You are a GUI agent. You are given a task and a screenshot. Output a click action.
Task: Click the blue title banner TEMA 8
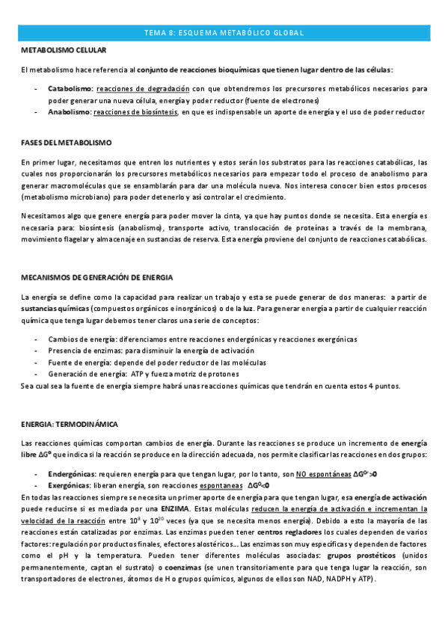tap(224, 33)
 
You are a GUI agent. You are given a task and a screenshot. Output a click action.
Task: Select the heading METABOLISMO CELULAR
tap(64, 50)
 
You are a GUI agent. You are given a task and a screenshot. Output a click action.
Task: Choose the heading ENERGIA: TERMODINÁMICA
tap(70, 424)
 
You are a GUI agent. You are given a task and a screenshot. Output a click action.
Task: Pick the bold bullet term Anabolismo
tap(69, 111)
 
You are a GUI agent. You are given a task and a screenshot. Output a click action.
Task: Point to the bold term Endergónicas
tap(71, 474)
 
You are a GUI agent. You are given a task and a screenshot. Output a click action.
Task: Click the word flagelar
tap(70, 240)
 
